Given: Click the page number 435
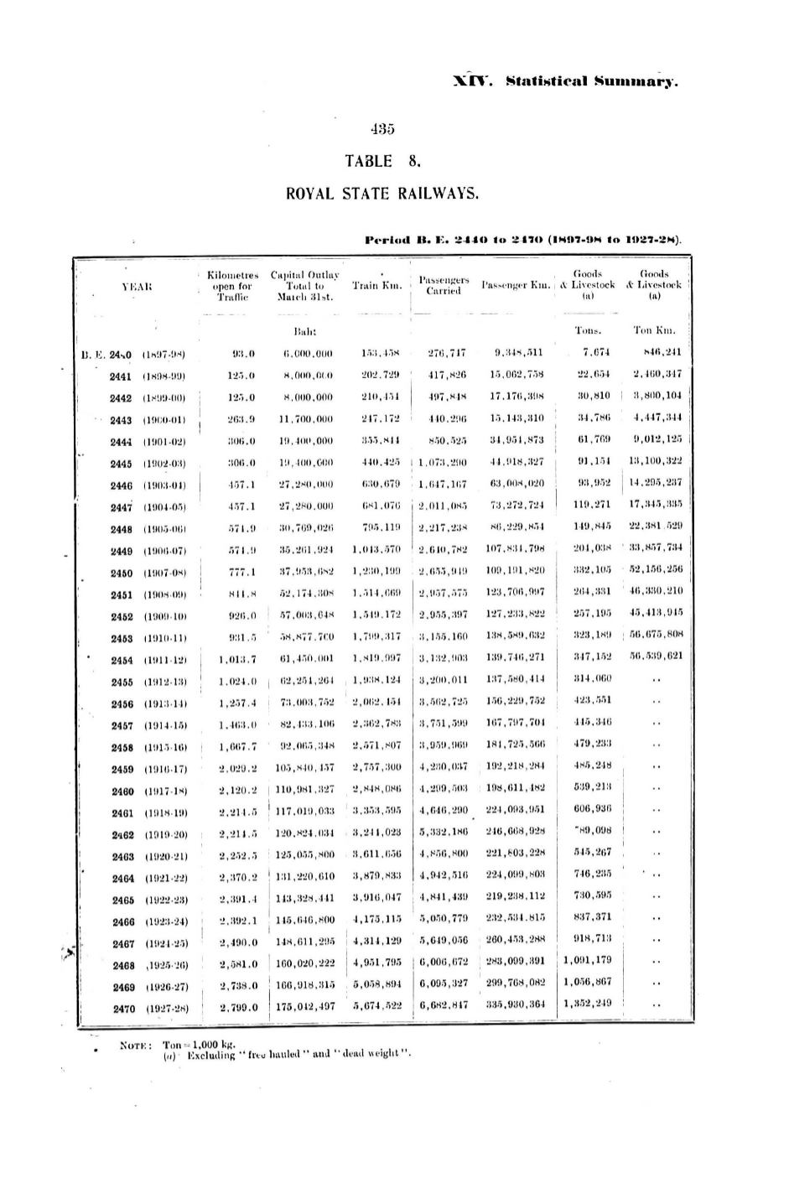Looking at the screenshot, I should tap(382, 129).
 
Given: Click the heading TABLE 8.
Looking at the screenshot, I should tap(382, 161).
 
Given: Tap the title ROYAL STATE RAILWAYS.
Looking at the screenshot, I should tap(382, 194).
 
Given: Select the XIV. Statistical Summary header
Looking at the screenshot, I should tap(565, 81).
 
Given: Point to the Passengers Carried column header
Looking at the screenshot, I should tap(444, 285).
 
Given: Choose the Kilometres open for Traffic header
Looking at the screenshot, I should tap(229, 285).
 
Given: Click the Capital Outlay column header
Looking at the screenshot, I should tap(304, 285).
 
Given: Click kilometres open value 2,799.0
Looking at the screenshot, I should tap(238, 1008).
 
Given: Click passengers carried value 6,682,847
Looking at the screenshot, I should tap(444, 1008).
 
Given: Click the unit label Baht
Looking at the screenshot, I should tap(304, 331).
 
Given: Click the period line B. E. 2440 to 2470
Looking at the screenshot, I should tap(523, 240).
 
